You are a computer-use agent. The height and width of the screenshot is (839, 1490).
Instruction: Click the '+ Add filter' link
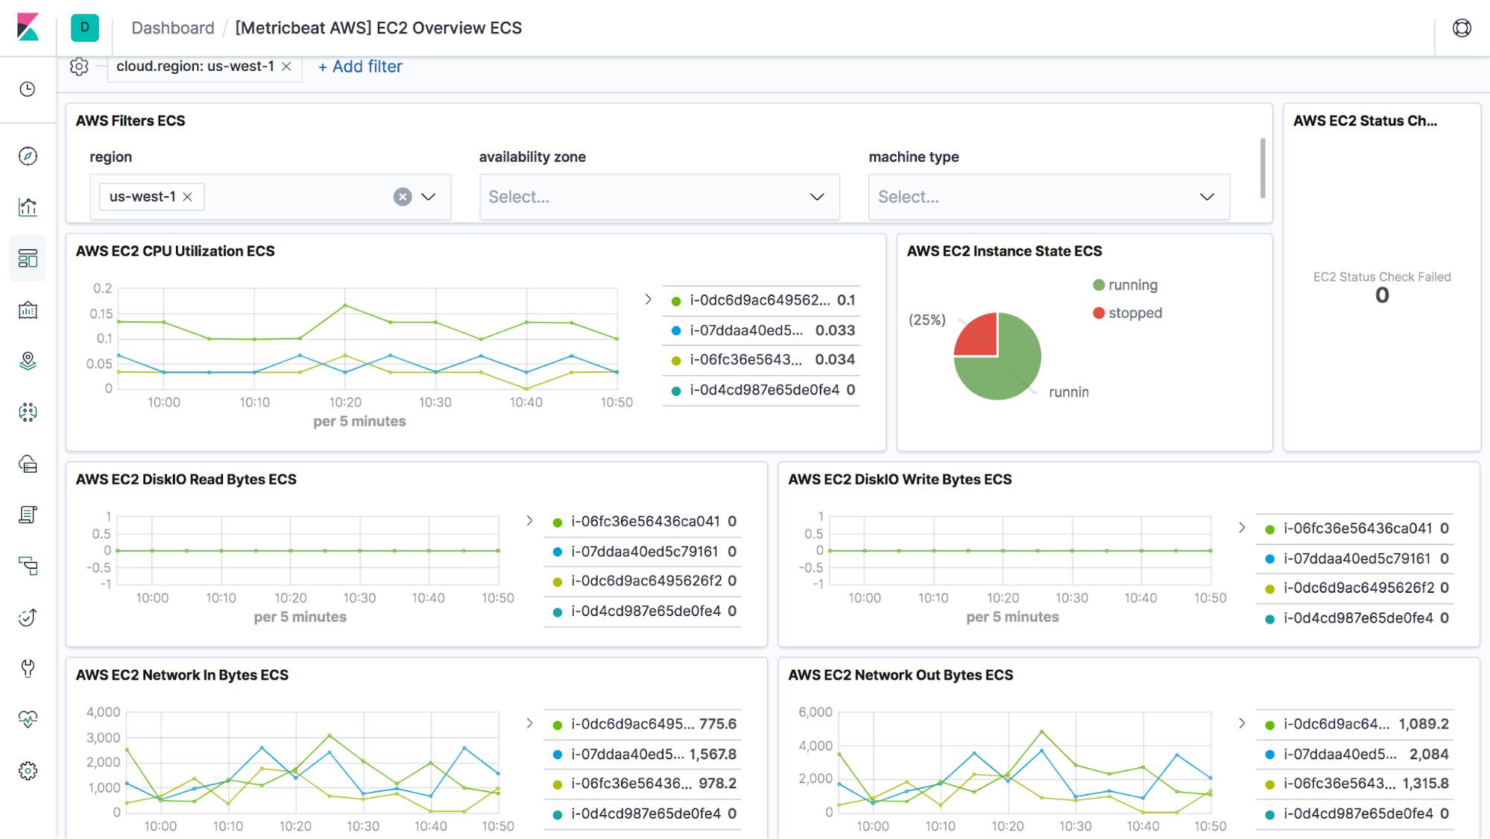pos(360,66)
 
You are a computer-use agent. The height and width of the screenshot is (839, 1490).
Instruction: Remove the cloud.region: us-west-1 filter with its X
pos(286,66)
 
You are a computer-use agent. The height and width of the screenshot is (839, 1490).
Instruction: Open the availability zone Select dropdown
pos(659,197)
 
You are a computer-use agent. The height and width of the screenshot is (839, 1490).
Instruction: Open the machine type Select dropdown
pos(1048,197)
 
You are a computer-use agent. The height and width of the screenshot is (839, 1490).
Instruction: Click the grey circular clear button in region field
pos(403,197)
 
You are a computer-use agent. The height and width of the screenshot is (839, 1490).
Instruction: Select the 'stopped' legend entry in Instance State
pos(1134,313)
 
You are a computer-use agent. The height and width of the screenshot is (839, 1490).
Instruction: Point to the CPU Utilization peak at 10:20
pos(345,306)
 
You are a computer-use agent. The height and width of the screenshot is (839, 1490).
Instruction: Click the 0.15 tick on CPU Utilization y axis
pos(101,314)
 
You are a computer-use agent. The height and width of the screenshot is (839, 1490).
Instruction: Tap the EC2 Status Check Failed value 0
pos(1382,295)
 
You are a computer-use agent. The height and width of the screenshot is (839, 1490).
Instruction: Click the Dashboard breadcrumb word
pos(172,28)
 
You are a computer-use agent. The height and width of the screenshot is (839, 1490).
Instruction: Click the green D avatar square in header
pos(85,28)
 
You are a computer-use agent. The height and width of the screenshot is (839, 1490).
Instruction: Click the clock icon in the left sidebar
pos(28,89)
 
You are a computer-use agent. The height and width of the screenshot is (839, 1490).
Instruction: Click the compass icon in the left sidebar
pos(28,156)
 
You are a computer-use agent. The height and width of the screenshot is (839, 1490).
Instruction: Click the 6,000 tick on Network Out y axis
pos(815,712)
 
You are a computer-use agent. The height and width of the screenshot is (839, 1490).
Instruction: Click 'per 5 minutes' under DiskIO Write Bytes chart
pos(1012,617)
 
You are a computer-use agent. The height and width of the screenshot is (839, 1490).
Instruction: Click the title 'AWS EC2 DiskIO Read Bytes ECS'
pos(186,480)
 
